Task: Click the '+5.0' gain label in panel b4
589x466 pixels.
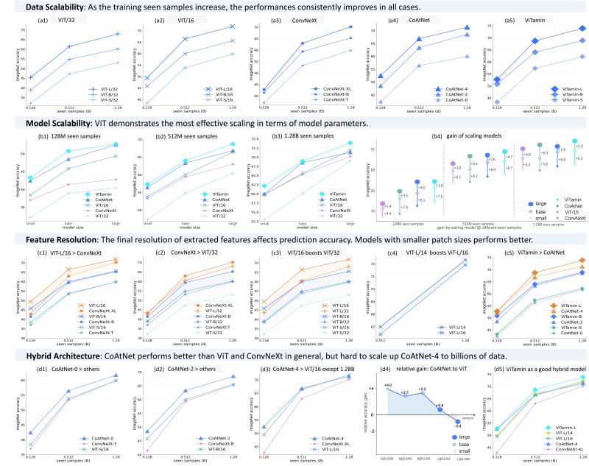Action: (580, 147)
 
